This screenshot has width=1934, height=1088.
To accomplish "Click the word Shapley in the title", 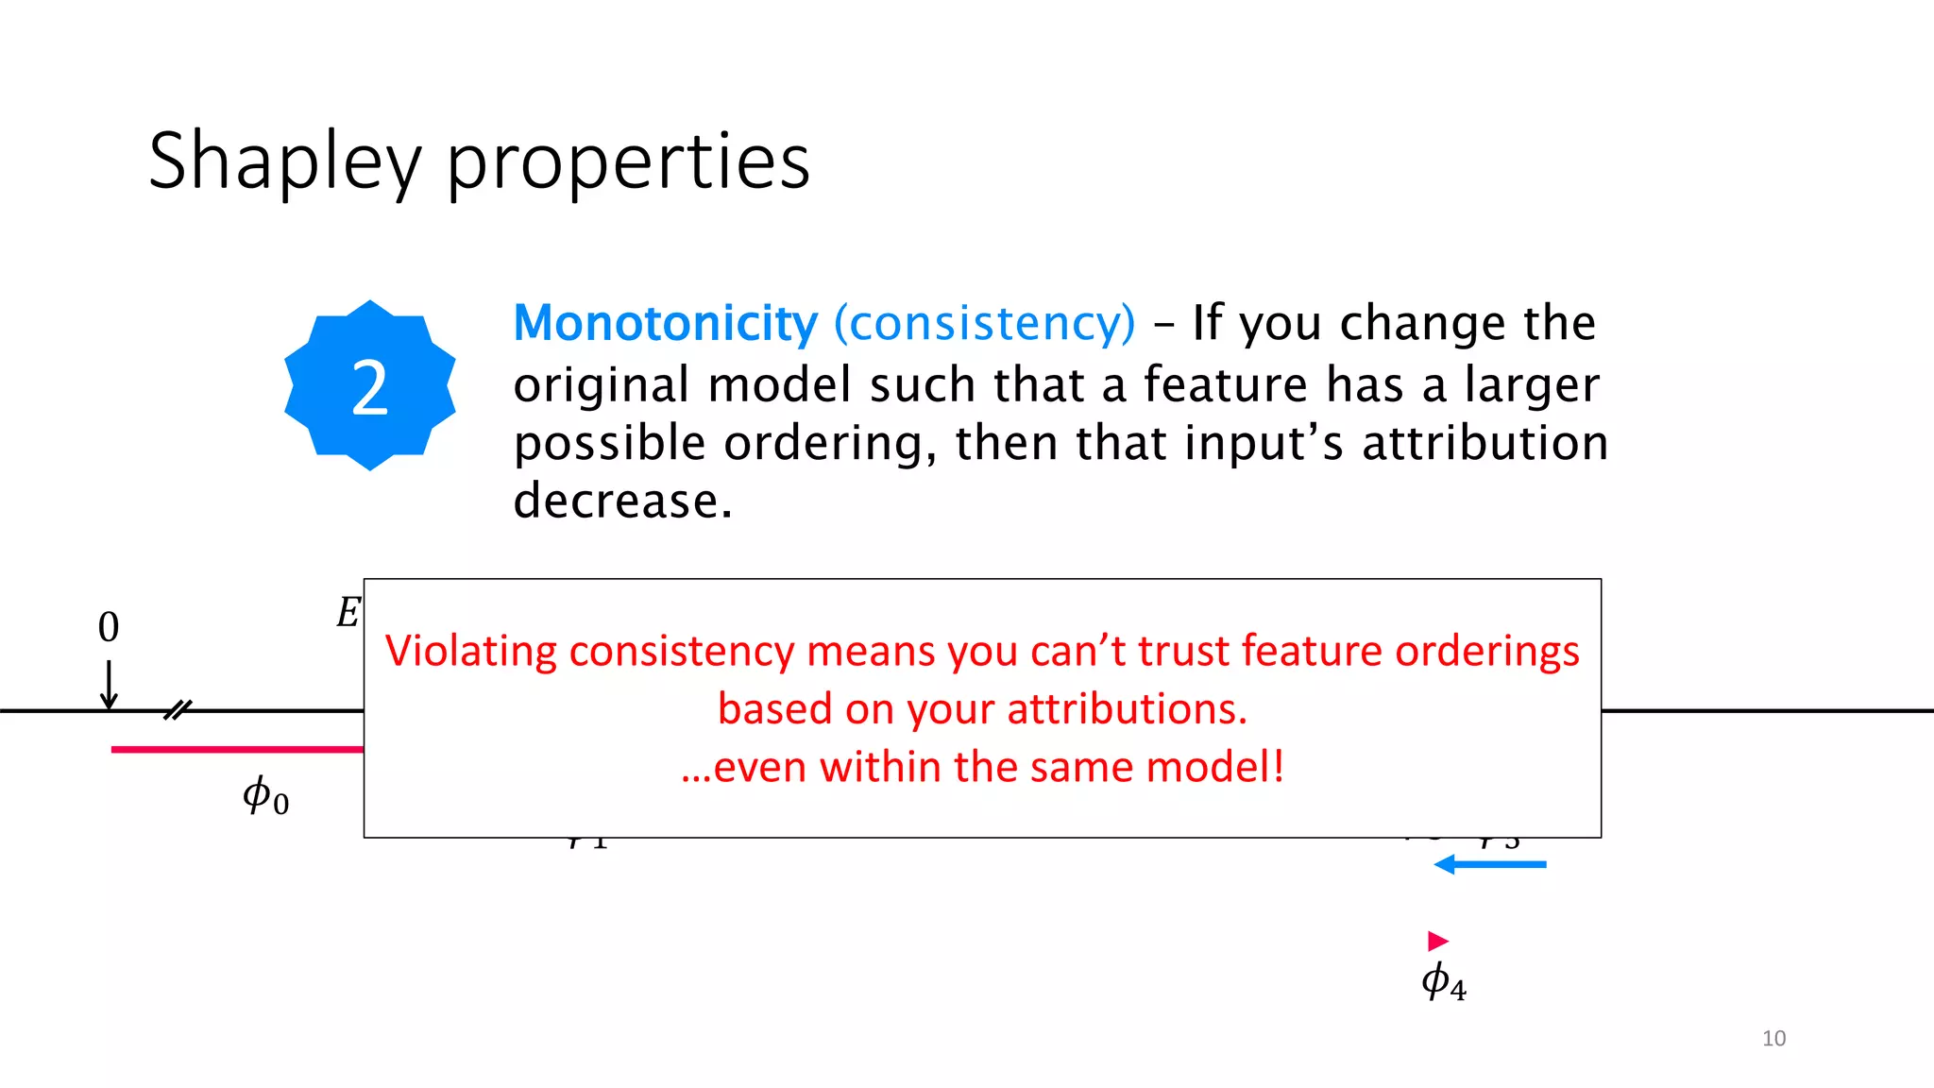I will pos(283,162).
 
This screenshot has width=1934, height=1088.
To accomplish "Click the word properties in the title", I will pos(627,162).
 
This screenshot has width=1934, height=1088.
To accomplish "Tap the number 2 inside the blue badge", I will pos(369,387).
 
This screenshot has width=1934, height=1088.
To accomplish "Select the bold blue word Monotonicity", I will pos(665,323).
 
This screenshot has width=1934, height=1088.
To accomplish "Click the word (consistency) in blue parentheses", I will pos(984,323).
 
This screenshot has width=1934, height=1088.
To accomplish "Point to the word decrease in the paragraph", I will pos(622,501).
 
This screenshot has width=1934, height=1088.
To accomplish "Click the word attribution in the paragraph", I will pos(1484,442).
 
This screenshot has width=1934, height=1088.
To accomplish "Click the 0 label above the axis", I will pos(109,627).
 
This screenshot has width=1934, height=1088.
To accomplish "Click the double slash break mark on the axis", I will pos(178,710).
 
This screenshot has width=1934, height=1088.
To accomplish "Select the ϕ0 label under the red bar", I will pos(265,796).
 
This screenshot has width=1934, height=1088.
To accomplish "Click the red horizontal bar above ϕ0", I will pos(236,749).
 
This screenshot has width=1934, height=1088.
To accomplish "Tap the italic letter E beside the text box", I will pos(348,613).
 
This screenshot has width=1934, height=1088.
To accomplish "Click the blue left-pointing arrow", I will pos(1489,864).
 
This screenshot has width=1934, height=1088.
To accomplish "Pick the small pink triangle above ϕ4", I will pos(1437,941).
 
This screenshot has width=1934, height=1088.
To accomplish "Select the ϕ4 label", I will pos(1444,982).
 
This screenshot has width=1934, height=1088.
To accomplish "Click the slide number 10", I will pos(1773,1038).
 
